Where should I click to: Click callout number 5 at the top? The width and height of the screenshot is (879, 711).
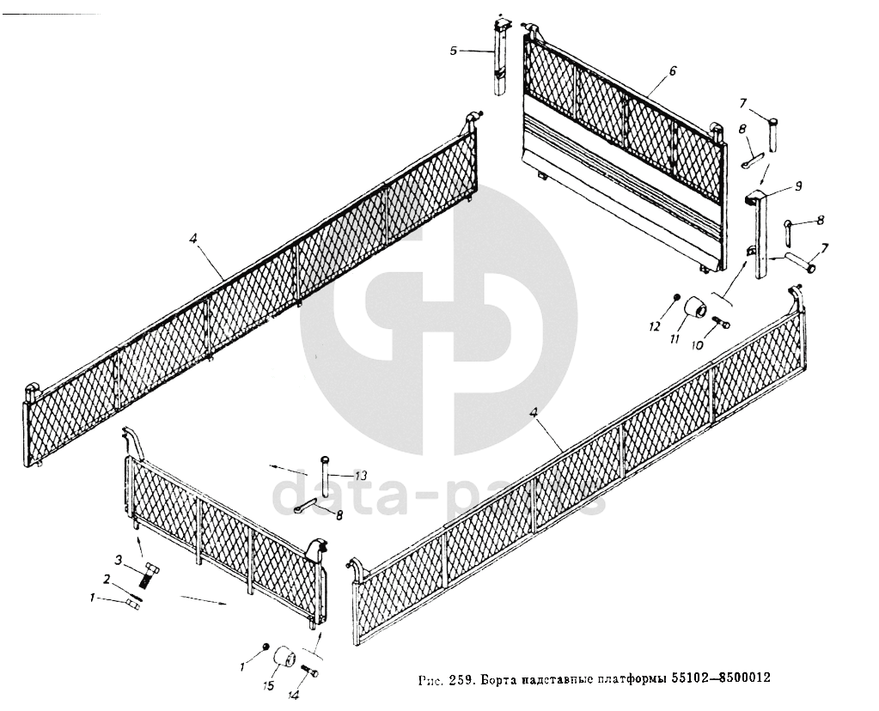[454, 51]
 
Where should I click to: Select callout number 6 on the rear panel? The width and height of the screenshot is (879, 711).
[673, 71]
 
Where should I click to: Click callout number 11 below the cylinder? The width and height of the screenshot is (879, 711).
[675, 340]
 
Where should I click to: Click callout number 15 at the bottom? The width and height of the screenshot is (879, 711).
[270, 685]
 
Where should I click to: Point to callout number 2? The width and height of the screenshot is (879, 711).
[107, 579]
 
